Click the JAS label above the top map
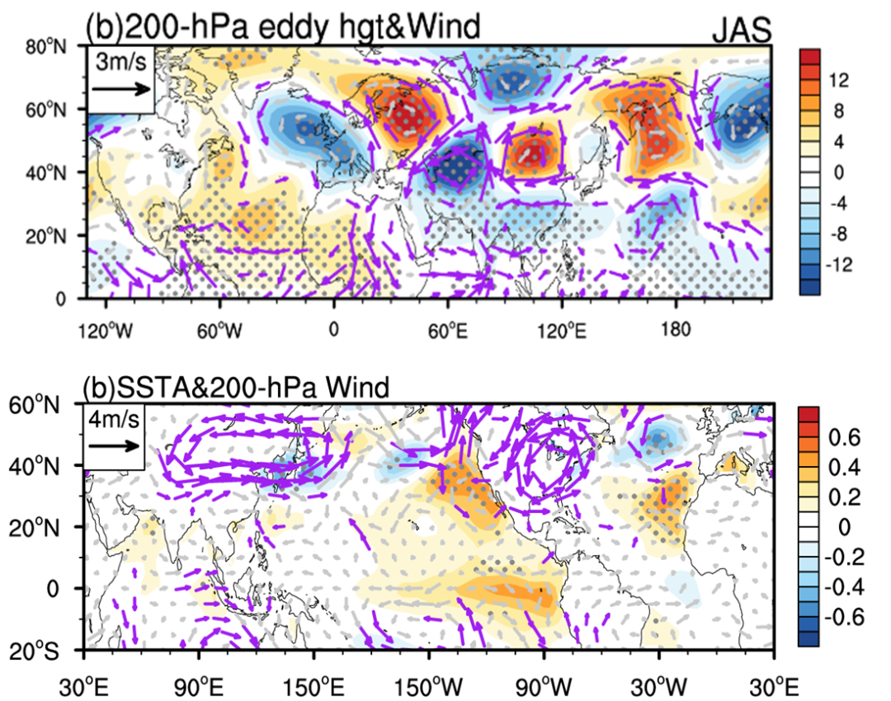click(742, 31)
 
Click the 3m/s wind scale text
click(121, 61)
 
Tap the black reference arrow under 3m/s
click(121, 88)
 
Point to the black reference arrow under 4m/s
click(114, 445)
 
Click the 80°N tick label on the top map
click(46, 46)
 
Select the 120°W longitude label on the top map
click(106, 330)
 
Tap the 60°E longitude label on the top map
click(448, 330)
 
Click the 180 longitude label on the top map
click(676, 329)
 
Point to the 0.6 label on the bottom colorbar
click(845, 437)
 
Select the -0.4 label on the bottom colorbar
click(844, 586)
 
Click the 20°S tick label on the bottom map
click(34, 652)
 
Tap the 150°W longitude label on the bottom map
click(429, 688)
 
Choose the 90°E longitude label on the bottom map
click(199, 688)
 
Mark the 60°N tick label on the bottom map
click(34, 405)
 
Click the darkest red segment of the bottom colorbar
click(808, 414)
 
